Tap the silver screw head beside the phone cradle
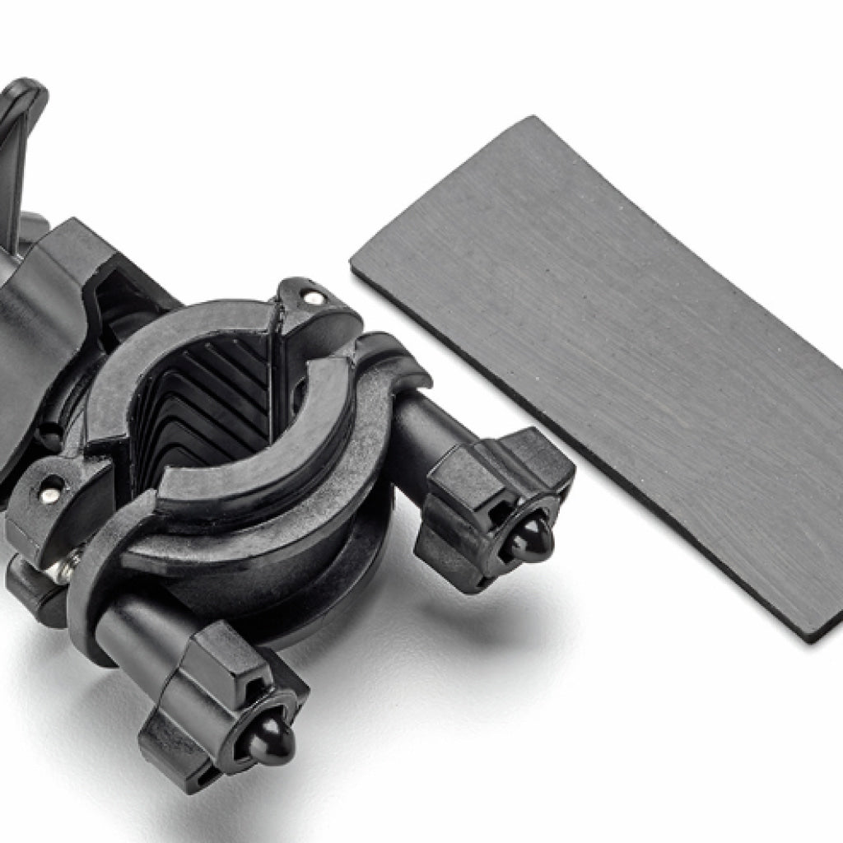51,492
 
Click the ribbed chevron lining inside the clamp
198,412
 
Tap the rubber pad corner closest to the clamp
356,268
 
